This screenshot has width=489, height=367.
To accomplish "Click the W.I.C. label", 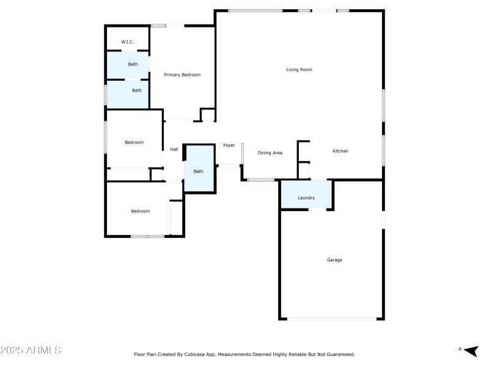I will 127,42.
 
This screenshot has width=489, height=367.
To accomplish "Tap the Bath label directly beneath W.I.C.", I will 133,64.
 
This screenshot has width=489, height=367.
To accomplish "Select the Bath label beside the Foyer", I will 198,171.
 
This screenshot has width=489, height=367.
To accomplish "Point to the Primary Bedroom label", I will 182,75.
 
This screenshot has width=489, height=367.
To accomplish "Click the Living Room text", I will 299,70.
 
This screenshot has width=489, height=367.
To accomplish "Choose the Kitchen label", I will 340,151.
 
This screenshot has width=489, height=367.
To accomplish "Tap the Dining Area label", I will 270,153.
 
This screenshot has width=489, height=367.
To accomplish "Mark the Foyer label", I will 229,146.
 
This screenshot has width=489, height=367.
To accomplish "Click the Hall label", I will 174,149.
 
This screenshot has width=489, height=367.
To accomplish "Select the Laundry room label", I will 306,198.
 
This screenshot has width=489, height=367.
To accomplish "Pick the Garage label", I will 334,260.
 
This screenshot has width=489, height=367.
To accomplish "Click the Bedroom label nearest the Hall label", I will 134,143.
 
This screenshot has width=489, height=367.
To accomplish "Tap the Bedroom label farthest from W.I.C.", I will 140,211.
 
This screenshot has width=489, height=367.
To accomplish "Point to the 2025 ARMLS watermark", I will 31,350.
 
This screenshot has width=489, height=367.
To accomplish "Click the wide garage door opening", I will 332,318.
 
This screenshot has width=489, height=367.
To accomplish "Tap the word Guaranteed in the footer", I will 339,354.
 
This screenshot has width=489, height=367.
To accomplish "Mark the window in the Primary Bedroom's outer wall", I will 159,26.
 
